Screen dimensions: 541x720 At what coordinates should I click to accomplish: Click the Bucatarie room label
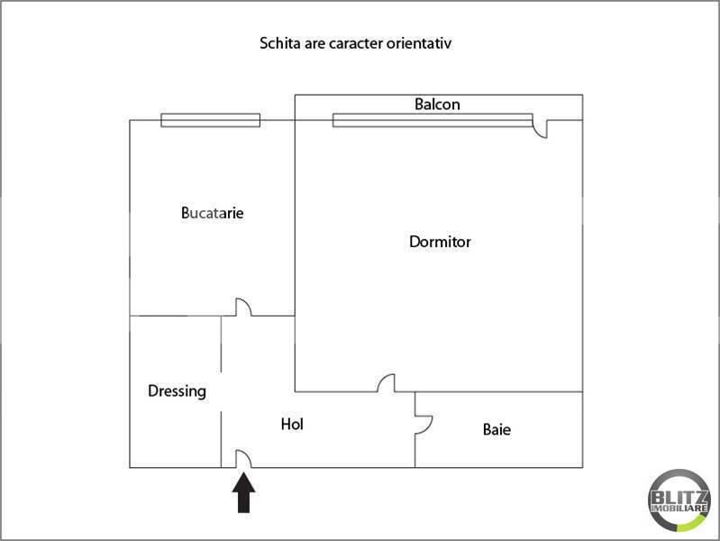[x=213, y=214]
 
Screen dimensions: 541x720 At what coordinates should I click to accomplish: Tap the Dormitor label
[x=440, y=242]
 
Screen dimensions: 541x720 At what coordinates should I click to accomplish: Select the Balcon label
[x=437, y=105]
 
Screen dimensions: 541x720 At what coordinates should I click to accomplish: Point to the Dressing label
[x=177, y=391]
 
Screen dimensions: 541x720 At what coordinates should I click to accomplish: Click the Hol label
[x=292, y=423]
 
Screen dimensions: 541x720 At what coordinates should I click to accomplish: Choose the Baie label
[x=497, y=430]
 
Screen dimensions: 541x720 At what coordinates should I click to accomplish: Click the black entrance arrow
[x=244, y=493]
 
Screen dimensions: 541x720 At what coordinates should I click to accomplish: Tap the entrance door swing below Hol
[x=243, y=459]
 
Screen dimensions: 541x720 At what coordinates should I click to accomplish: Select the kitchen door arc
[x=243, y=307]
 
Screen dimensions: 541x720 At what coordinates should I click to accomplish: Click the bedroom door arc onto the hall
[x=387, y=384]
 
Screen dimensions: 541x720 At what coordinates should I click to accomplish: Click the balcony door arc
[x=541, y=129]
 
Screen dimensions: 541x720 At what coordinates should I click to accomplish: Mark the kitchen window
[x=210, y=120]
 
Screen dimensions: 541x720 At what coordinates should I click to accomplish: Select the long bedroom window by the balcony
[x=432, y=120]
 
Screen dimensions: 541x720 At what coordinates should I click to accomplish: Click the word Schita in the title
[x=278, y=42]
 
